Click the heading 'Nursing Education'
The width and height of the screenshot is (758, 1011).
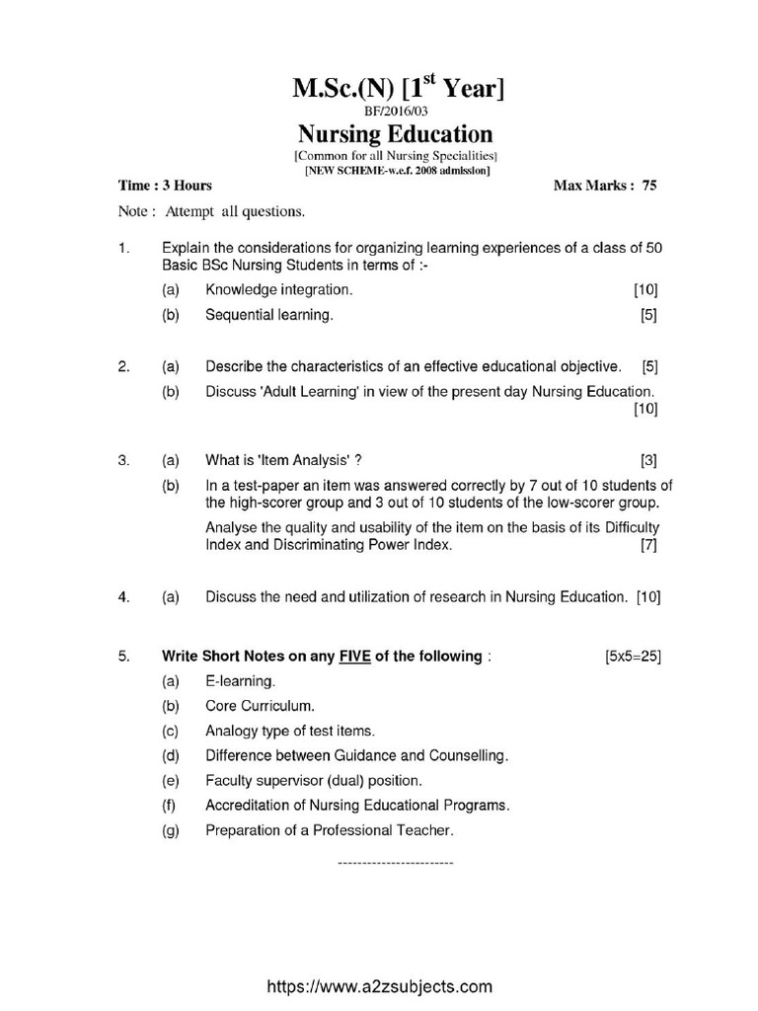coord(395,134)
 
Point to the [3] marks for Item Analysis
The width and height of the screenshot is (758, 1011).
coord(648,460)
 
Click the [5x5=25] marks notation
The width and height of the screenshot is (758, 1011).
coord(633,657)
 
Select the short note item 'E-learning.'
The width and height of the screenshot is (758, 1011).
coord(241,681)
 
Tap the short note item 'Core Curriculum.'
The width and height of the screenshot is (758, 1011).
coord(261,706)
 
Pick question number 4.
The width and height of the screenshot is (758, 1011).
coord(123,596)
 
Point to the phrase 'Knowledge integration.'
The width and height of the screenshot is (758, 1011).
coord(278,289)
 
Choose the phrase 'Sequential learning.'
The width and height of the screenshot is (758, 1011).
coord(269,315)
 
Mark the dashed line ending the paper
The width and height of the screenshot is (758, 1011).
coord(395,863)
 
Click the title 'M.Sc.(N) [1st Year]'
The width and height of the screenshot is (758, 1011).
coord(398,89)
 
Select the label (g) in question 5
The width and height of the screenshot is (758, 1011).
coord(172,830)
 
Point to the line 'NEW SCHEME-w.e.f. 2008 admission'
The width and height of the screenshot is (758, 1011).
coord(396,170)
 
